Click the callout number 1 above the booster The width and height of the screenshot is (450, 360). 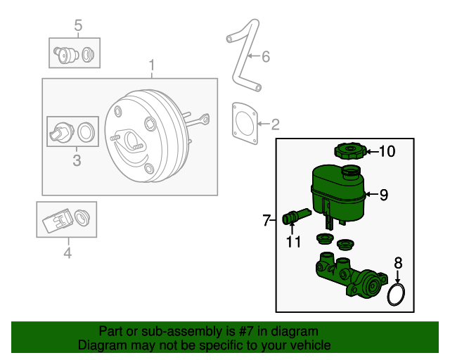coord(151,67)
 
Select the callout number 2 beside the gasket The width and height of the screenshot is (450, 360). coord(275,125)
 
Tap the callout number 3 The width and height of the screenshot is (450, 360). coord(77,161)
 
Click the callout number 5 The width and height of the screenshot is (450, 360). coord(78,27)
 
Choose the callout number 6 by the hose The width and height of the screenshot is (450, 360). coord(266,57)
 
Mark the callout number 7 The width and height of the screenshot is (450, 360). coord(267,221)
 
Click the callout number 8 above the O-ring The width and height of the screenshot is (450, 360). coord(398,264)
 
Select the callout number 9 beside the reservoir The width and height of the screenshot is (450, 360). coord(383,195)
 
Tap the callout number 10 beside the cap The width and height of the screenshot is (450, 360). coord(387,150)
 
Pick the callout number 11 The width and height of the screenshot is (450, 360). coord(293,242)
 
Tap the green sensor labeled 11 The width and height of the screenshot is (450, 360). coord(294,217)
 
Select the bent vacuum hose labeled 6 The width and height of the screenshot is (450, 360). coord(241,60)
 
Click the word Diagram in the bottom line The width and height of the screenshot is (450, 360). coord(101,345)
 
